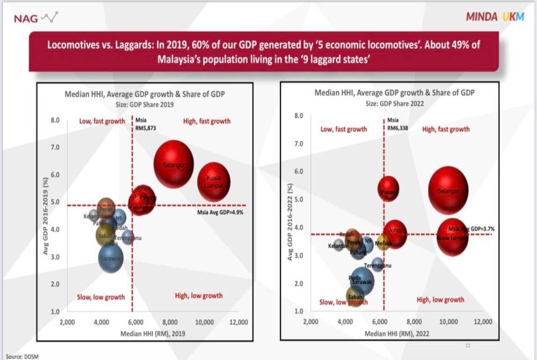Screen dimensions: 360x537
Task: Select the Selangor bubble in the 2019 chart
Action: [x=173, y=164]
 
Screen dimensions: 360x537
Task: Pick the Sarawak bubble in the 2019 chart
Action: [x=111, y=259]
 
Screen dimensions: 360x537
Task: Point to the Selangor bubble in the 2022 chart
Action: [x=448, y=190]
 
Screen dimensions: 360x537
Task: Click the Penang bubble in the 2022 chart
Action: [x=388, y=189]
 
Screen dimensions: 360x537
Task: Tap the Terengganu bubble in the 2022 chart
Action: [x=378, y=264]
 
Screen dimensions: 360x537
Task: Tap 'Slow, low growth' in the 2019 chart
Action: [x=101, y=297]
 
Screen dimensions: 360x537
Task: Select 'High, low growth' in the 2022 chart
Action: [x=440, y=300]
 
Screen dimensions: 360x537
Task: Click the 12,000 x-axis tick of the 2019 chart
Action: [x=237, y=322]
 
